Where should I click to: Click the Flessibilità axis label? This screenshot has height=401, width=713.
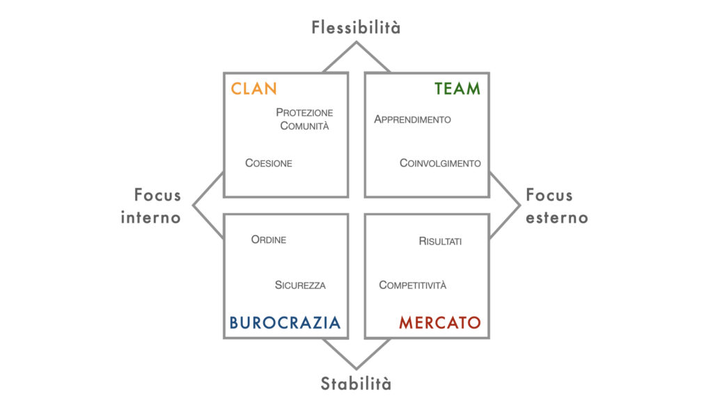point(356,27)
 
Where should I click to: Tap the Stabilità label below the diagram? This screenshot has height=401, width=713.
point(356,384)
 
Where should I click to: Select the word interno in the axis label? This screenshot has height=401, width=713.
point(151,217)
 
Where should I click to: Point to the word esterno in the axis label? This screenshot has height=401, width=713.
point(557,217)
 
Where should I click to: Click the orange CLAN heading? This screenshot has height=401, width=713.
point(253,88)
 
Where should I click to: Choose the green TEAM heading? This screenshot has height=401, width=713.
point(457,88)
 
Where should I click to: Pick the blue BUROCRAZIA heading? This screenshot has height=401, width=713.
point(285,322)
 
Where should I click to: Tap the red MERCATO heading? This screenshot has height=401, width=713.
point(440,322)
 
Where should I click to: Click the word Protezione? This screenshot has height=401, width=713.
point(305,112)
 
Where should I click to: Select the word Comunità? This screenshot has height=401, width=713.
point(305,126)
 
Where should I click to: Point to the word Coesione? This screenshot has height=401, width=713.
point(269,163)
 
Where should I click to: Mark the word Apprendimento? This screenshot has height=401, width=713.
point(412,119)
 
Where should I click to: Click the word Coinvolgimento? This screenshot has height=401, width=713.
point(440,163)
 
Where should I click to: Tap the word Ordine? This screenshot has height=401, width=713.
point(269,239)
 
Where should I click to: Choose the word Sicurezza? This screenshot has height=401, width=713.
point(300,285)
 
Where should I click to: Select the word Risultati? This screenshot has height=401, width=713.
point(440,241)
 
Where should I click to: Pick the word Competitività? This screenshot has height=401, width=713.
point(413,285)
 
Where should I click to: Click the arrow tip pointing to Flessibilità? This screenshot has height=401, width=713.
point(356,42)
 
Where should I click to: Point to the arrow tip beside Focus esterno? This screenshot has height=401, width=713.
point(519,205)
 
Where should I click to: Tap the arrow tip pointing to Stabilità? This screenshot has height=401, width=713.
point(356,368)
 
